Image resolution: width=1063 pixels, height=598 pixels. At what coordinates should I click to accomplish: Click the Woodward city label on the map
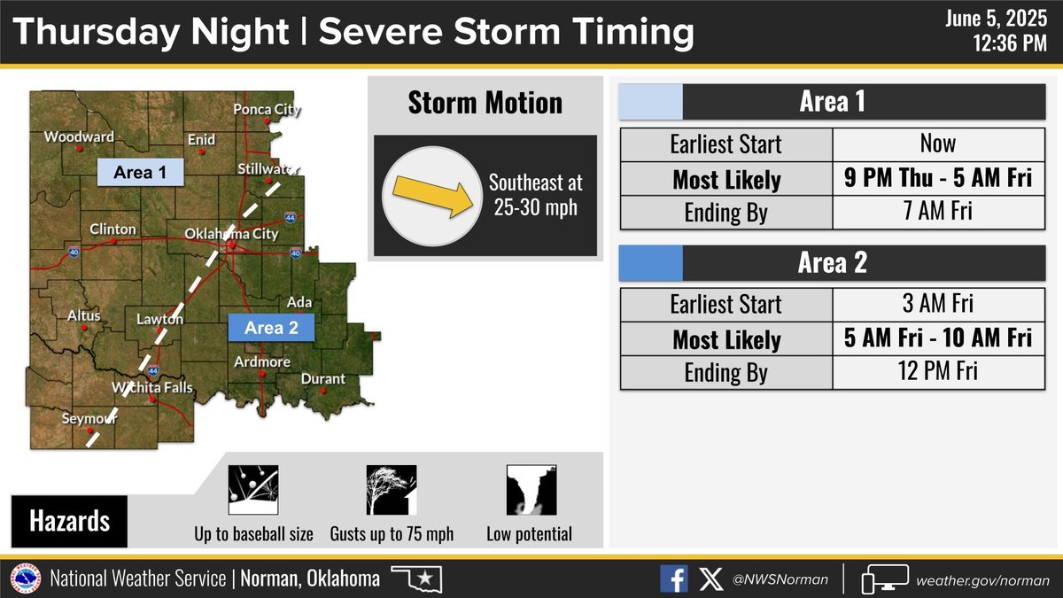[x=79, y=136]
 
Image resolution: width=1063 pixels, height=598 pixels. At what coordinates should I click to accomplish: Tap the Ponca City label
[x=267, y=110]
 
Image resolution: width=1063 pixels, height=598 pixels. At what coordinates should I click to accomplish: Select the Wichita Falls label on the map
[x=151, y=388]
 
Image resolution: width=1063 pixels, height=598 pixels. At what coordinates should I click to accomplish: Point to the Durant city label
[x=323, y=378]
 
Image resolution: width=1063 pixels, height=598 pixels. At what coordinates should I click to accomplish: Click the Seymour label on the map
[x=89, y=419]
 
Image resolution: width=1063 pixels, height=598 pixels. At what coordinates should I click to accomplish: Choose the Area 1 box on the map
[x=139, y=172]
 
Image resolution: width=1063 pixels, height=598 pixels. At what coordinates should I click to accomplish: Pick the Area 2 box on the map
[x=271, y=328]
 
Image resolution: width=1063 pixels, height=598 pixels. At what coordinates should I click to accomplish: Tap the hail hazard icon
[x=252, y=490]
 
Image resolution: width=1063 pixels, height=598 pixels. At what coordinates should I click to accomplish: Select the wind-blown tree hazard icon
[x=392, y=490]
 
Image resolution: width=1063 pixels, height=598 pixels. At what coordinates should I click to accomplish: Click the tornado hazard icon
[x=530, y=490]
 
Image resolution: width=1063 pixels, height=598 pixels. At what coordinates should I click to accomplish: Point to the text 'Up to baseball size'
[x=253, y=534]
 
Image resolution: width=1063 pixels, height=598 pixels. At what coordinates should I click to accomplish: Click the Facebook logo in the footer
[x=673, y=579]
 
